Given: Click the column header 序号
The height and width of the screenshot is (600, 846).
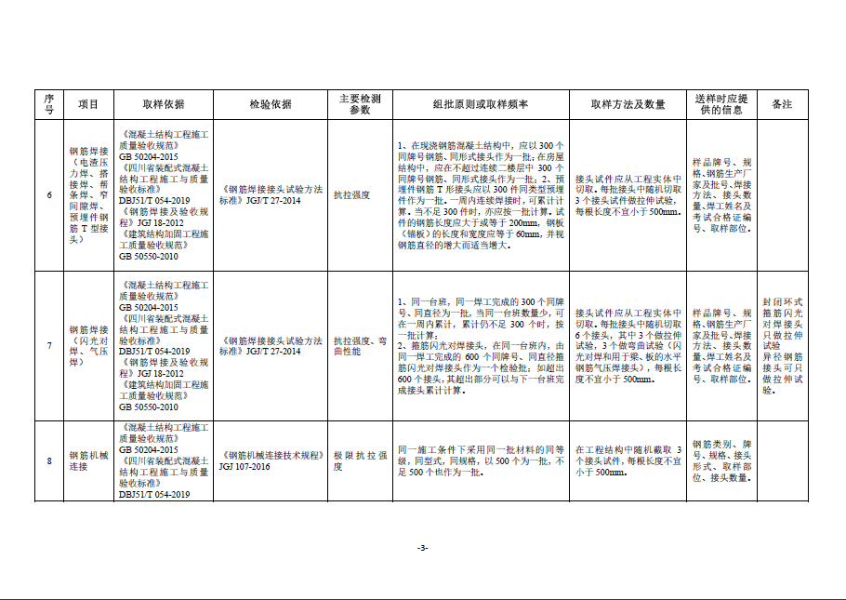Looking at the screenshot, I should pos(49,104).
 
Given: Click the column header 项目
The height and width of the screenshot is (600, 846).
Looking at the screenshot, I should pos(88,104).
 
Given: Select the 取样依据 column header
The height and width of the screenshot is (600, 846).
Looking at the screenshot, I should pos(164,104).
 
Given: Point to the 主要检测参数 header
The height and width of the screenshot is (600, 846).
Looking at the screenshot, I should pos(360,104).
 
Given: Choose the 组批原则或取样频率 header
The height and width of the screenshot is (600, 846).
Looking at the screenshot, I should pos(481,104).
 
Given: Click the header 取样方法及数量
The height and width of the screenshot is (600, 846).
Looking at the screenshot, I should pos(628,104).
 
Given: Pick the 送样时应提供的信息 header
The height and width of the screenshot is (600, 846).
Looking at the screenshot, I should pos(720,104).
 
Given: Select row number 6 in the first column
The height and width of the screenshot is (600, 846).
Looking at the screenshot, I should pos(49,194).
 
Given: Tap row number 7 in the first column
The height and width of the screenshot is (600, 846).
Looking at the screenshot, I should pos(49,346).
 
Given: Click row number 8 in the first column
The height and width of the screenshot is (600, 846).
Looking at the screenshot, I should pos(49,460).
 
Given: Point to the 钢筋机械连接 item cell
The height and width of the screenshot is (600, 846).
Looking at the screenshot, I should pos(88,460).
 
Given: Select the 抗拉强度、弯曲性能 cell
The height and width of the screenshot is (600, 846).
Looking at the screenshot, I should pos(360,346).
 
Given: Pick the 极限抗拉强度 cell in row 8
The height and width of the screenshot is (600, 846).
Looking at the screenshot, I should pos(360,460).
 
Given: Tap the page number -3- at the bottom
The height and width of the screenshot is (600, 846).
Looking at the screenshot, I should pos(423,548).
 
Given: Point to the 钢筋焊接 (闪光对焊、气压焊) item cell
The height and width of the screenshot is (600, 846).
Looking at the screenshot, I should pos(88,346).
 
